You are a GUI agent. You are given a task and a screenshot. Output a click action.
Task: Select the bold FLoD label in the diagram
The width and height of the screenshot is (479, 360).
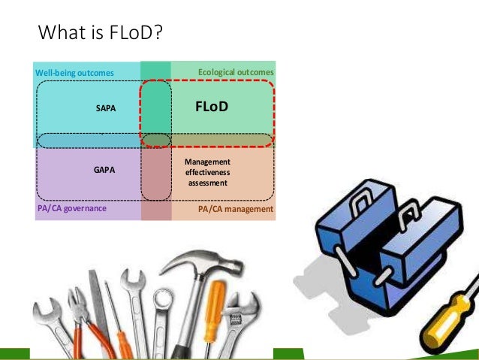click(x=211, y=107)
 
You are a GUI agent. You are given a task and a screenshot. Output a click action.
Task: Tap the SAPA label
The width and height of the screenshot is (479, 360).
click(x=107, y=109)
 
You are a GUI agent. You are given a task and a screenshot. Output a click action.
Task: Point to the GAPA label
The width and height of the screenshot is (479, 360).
click(x=104, y=170)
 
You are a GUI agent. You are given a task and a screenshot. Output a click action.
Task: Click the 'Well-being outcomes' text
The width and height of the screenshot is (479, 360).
click(x=75, y=73)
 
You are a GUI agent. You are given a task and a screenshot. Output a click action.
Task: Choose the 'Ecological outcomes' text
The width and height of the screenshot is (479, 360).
click(x=236, y=72)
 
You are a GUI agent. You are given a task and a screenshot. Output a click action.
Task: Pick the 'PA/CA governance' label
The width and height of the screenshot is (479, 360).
click(x=72, y=209)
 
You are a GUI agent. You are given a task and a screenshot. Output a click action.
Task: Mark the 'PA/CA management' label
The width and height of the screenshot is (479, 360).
click(x=236, y=210)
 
